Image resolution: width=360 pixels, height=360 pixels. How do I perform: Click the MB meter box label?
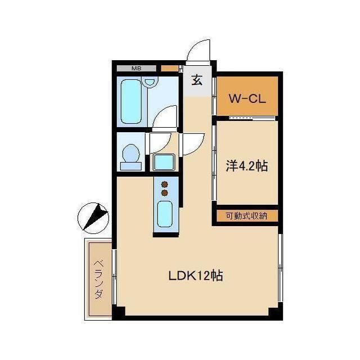coord(136,68)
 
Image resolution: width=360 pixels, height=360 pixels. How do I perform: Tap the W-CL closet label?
coord(247,99)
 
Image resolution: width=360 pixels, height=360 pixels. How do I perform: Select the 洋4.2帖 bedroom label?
coord(247,166)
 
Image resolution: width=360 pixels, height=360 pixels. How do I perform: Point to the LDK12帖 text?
coord(196,276)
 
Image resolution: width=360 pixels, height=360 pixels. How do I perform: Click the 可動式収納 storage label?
coord(246,216)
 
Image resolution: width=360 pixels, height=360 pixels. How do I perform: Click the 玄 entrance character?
coord(197,80)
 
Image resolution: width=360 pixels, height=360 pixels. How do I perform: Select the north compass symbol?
coord(93,218)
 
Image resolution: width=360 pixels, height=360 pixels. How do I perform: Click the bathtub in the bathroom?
coord(131,102)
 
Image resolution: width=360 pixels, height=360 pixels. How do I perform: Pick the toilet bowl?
coord(131,153)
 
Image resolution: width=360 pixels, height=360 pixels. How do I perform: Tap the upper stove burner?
coord(164,184)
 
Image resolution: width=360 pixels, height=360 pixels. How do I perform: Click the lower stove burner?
coord(164,193)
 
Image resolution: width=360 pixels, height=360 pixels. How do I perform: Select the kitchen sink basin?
coord(165,214)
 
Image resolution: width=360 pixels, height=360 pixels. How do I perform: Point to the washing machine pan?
coord(164,163)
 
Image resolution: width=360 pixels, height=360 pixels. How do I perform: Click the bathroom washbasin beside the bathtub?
coord(150,82)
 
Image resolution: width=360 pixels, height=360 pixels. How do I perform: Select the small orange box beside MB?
coord(169,68)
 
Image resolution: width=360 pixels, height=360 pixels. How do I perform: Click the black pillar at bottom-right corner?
coord(275,313)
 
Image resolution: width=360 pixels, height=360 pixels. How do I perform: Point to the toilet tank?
coord(131,166)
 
